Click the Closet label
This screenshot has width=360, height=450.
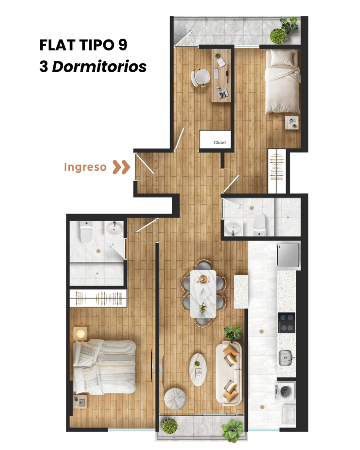click(220, 142)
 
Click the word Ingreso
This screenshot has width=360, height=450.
click(85, 167)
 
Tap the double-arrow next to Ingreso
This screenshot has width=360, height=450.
click(121, 167)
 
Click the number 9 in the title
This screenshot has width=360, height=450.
click(122, 45)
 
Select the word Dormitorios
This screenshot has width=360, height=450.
click(99, 67)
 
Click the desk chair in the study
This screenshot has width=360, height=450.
click(200, 77)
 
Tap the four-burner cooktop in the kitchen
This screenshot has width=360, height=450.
click(287, 323)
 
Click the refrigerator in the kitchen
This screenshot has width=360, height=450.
click(288, 255)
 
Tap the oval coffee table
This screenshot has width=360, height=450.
click(198, 370)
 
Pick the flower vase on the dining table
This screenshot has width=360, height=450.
click(203, 307)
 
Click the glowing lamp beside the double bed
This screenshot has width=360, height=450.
click(80, 334)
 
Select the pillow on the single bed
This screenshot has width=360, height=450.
click(282, 58)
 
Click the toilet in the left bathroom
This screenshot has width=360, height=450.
click(86, 232)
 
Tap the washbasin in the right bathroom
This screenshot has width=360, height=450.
click(234, 228)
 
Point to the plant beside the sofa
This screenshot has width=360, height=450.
click(233, 334)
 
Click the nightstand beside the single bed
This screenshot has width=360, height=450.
click(292, 123)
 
